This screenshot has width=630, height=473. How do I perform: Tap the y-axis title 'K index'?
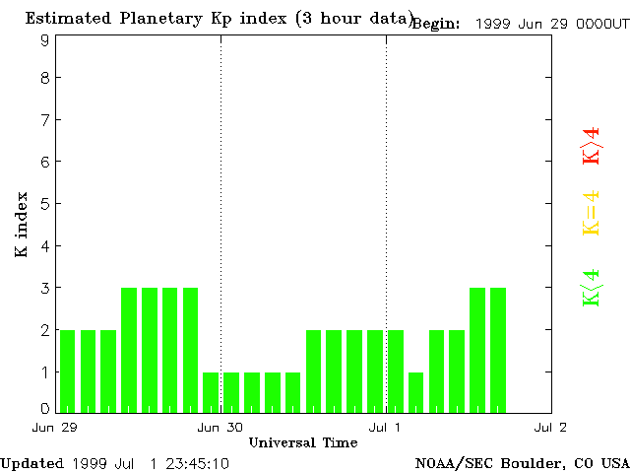(21, 225)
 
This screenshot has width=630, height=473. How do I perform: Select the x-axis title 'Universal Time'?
(302, 442)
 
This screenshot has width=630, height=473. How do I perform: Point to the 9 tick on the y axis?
(45, 40)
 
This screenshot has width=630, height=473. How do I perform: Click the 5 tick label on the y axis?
(45, 204)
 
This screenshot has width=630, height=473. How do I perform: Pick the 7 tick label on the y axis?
(45, 120)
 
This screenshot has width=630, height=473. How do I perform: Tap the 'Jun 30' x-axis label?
(220, 427)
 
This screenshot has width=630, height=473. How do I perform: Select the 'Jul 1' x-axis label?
(386, 427)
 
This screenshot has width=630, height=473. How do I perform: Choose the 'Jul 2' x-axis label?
(550, 427)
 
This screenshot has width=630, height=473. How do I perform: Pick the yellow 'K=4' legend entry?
(591, 213)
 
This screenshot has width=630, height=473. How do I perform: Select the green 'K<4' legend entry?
(591, 288)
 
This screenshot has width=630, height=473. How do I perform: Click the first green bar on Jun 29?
(67, 371)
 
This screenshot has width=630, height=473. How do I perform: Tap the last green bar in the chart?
(498, 350)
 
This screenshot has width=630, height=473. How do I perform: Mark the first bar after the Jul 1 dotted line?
(396, 371)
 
